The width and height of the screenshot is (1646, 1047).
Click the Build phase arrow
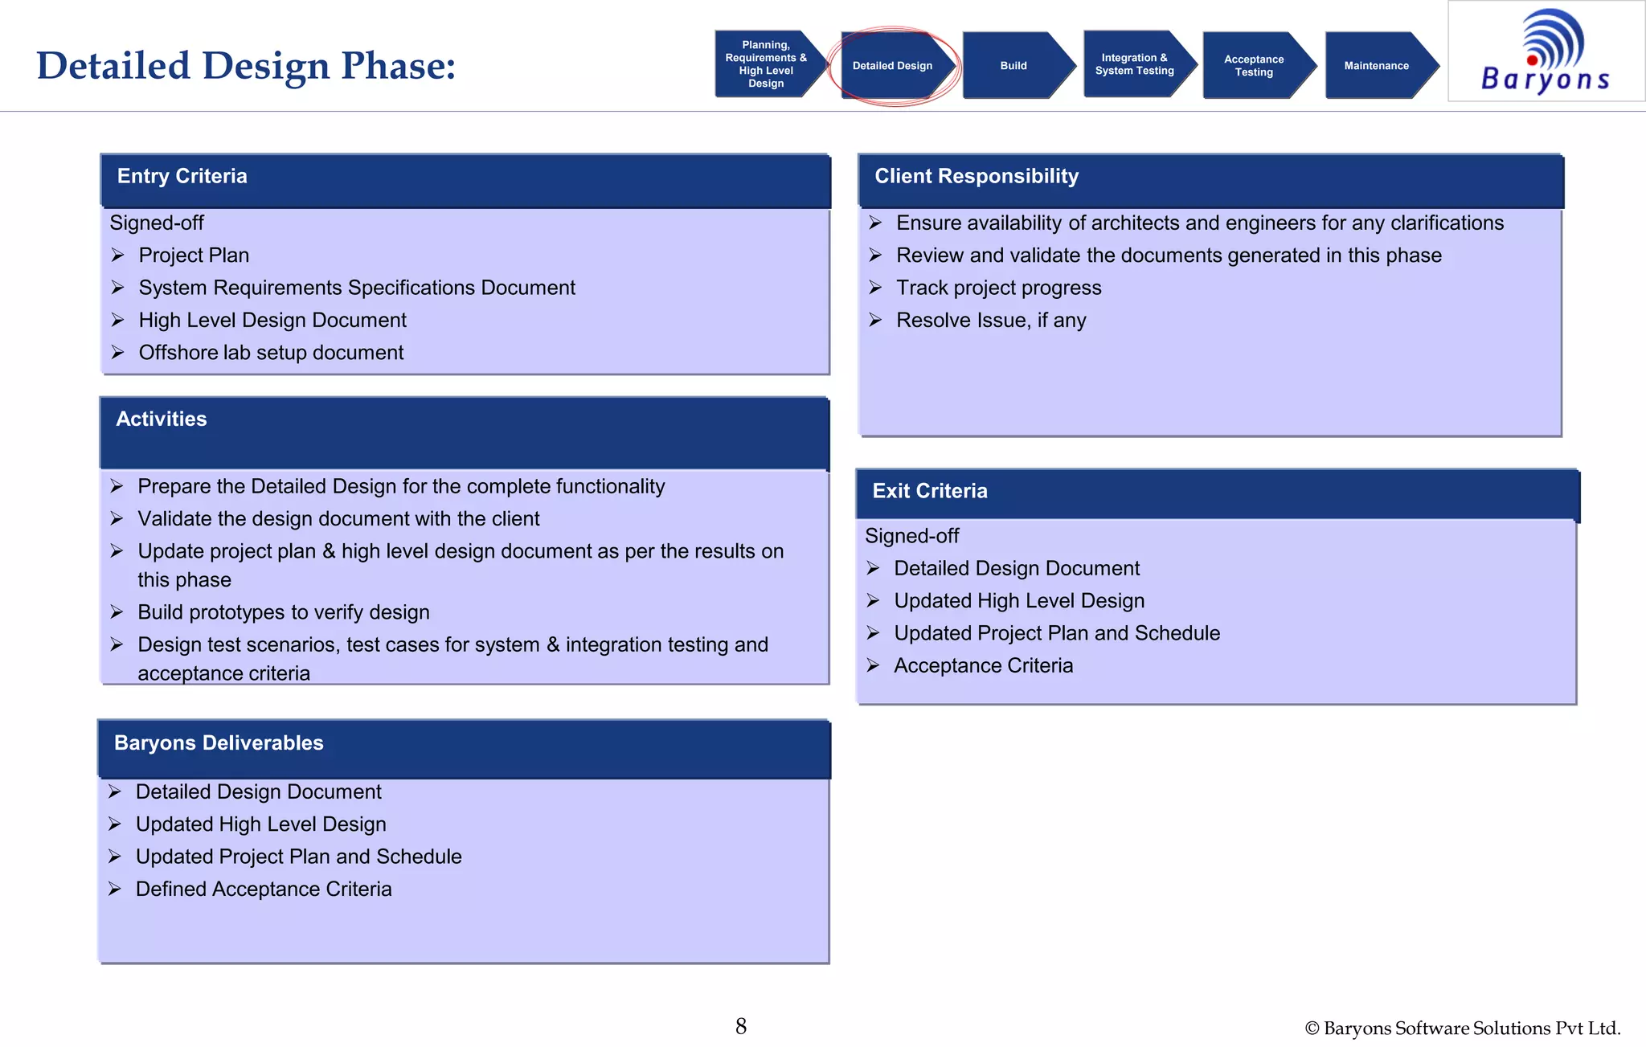pyautogui.click(x=1014, y=66)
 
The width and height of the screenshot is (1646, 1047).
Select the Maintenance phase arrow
pyautogui.click(x=1377, y=66)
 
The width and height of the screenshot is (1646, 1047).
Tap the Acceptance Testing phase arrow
pyautogui.click(x=1254, y=66)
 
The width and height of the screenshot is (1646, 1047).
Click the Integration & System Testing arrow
pyautogui.click(x=1134, y=64)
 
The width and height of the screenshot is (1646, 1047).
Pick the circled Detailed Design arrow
pyautogui.click(x=892, y=66)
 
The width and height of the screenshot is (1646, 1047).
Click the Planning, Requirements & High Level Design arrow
pyautogui.click(x=766, y=64)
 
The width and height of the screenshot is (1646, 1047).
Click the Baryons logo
pyautogui.click(x=1546, y=51)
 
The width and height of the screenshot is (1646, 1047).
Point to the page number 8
pyautogui.click(x=741, y=1026)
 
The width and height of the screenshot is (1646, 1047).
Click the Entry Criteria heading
pyautogui.click(x=182, y=176)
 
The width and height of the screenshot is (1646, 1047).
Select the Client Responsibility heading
pyautogui.click(x=977, y=176)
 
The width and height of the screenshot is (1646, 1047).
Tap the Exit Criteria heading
pyautogui.click(x=930, y=491)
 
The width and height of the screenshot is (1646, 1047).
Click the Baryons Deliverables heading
pyautogui.click(x=219, y=742)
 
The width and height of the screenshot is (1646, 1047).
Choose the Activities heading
pyautogui.click(x=162, y=419)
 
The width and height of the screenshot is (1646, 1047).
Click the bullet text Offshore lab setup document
pyautogui.click(x=271, y=353)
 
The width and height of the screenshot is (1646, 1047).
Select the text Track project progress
pyautogui.click(x=998, y=288)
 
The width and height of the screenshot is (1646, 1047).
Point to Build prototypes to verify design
pyautogui.click(x=283, y=612)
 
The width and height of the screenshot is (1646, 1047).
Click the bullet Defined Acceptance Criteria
pyautogui.click(x=264, y=890)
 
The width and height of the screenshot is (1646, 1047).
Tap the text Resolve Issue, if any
pyautogui.click(x=991, y=321)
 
